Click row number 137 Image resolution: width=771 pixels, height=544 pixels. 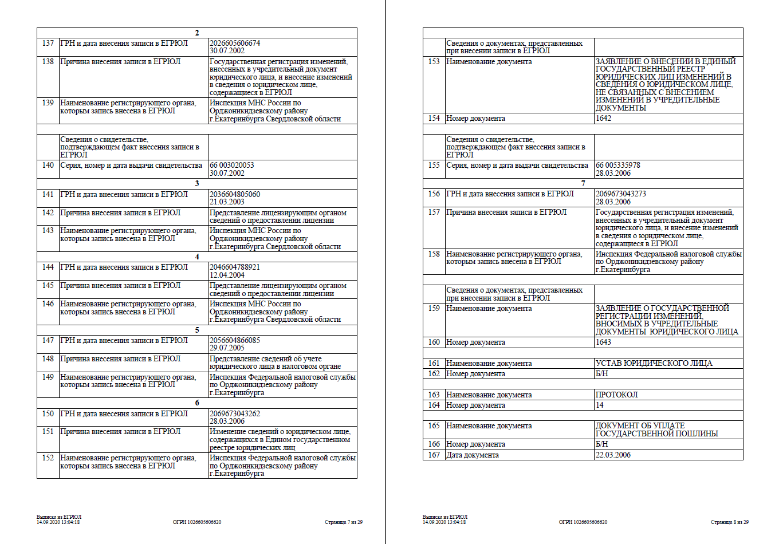48,44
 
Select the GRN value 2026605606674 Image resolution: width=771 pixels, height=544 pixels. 235,43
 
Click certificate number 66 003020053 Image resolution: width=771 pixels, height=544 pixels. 232,165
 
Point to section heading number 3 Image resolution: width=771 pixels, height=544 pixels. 197,184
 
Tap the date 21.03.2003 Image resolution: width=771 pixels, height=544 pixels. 227,202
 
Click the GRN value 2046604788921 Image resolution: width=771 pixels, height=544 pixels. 235,267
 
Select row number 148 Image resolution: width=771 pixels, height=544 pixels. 48,359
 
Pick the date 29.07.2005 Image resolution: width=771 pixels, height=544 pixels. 227,348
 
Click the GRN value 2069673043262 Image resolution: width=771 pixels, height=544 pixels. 235,413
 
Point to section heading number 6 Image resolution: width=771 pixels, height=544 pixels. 197,403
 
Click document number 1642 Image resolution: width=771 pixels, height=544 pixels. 604,119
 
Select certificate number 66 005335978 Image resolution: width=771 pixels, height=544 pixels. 618,165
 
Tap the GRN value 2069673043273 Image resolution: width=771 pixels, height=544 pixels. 621,194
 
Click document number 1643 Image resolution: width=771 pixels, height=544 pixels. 604,342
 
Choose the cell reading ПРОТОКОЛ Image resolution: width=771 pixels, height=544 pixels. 617,395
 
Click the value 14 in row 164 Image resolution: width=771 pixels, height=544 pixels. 600,405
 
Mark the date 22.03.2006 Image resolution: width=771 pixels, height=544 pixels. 613,455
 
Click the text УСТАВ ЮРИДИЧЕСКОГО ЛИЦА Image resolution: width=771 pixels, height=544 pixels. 654,364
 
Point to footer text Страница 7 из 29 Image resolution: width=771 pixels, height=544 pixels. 344,522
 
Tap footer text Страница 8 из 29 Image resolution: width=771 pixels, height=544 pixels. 730,522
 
